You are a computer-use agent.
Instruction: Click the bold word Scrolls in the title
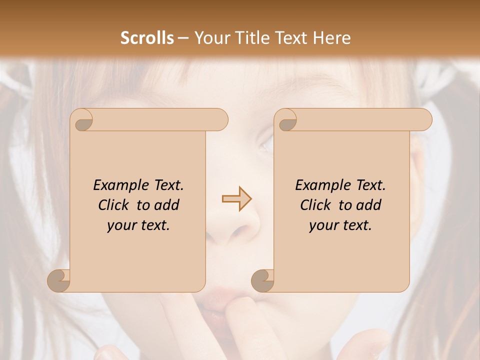(x=147, y=38)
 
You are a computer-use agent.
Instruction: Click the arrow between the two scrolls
(x=236, y=199)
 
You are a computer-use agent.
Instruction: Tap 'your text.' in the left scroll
(x=138, y=225)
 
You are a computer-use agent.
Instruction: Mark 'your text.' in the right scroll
(x=340, y=225)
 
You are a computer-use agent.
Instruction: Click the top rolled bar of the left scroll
(x=160, y=119)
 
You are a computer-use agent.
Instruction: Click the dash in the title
(x=183, y=38)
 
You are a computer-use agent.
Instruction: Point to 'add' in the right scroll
(x=369, y=205)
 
